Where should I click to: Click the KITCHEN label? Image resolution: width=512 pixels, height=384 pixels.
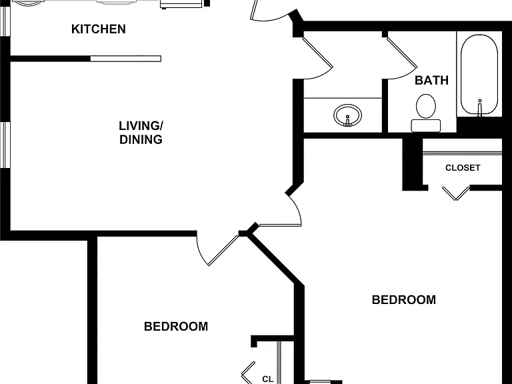98,29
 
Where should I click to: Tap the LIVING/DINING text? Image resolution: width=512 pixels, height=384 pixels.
141,133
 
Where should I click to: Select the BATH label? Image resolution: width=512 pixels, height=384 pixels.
432,80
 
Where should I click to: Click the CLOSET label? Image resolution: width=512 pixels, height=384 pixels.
463,168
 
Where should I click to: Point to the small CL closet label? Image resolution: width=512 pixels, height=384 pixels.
267,379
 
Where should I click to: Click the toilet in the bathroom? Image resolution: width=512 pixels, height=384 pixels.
426,113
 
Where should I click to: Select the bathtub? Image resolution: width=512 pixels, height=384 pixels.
479,75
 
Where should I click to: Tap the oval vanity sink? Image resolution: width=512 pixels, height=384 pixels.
348,115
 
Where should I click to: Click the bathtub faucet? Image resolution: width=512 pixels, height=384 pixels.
480,107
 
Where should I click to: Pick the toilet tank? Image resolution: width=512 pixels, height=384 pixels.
426,126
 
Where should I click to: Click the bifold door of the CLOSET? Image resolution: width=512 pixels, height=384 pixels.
456,193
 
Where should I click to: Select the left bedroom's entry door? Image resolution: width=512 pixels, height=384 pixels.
218,250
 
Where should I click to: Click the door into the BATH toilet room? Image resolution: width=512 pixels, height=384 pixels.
401,59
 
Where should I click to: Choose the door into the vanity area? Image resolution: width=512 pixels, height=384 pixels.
317,59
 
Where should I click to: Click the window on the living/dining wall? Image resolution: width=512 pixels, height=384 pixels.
5,145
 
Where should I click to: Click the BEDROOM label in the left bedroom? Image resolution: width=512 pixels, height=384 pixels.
176,327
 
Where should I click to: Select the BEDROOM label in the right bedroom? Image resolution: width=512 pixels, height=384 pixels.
404,300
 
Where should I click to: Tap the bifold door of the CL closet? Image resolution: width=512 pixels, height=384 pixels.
248,373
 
